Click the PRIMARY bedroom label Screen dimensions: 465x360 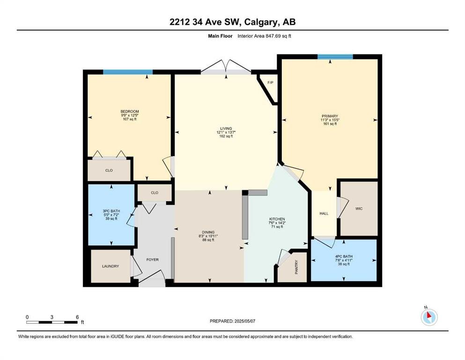pyautogui.click(x=330, y=116)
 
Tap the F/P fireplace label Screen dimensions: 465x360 pyautogui.click(x=270, y=83)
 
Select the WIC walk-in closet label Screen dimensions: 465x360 pyautogui.click(x=359, y=209)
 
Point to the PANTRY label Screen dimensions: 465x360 pyautogui.click(x=296, y=267)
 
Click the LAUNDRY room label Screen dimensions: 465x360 pyautogui.click(x=111, y=266)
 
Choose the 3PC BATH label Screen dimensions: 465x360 pyautogui.click(x=111, y=211)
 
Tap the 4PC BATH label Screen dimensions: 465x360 pyautogui.click(x=344, y=256)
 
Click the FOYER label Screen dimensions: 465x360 pyautogui.click(x=153, y=260)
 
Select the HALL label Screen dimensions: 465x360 pyautogui.click(x=324, y=213)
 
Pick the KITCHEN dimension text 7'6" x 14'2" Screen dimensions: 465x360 pyautogui.click(x=277, y=223)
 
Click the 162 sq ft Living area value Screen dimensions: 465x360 pyautogui.click(x=226, y=136)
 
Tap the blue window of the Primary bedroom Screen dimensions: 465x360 pyautogui.click(x=335, y=57)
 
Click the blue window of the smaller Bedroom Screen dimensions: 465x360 pyautogui.click(x=128, y=72)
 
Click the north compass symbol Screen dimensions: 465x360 pyautogui.click(x=429, y=316)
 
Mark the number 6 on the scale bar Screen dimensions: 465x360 pyautogui.click(x=77, y=317)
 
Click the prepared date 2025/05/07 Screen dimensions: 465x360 pyautogui.click(x=244, y=321)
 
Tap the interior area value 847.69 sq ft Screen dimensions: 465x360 pyautogui.click(x=279, y=36)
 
